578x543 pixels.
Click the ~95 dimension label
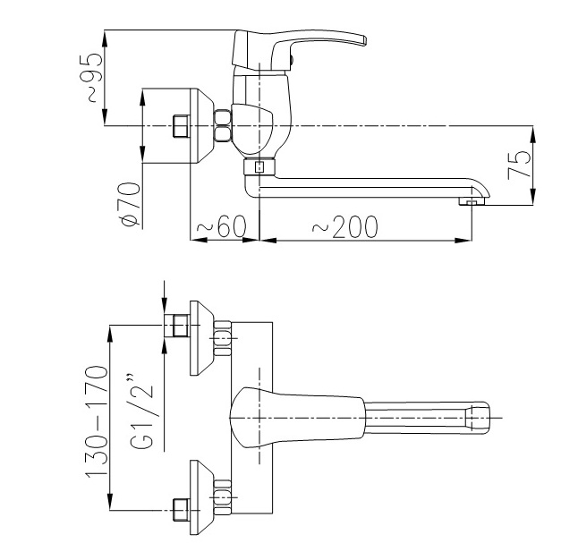(x=90, y=78)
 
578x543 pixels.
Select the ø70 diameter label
(x=130, y=204)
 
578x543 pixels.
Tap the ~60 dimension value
(x=221, y=225)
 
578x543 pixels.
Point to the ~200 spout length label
(x=345, y=226)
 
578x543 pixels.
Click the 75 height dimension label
(x=519, y=164)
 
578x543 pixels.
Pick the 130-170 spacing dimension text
(x=97, y=421)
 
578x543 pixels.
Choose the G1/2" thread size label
(x=142, y=411)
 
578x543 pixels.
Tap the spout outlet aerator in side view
(x=472, y=201)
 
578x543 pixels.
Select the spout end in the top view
(x=479, y=418)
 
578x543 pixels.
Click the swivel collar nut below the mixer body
(x=259, y=166)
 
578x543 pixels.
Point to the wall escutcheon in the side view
(x=201, y=126)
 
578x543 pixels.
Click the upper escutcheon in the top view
(x=201, y=338)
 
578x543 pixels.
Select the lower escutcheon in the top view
(x=201, y=497)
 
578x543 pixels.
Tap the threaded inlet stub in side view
(x=181, y=126)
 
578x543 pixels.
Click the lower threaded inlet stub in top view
(x=181, y=510)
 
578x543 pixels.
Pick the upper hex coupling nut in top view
(x=222, y=338)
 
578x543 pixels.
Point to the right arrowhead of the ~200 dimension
(x=463, y=241)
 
